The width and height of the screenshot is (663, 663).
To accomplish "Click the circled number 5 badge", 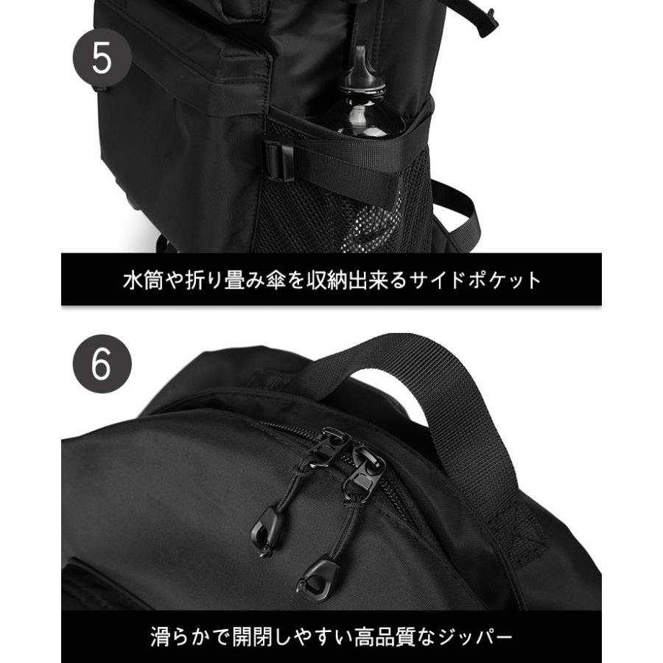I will (x=102, y=59).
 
